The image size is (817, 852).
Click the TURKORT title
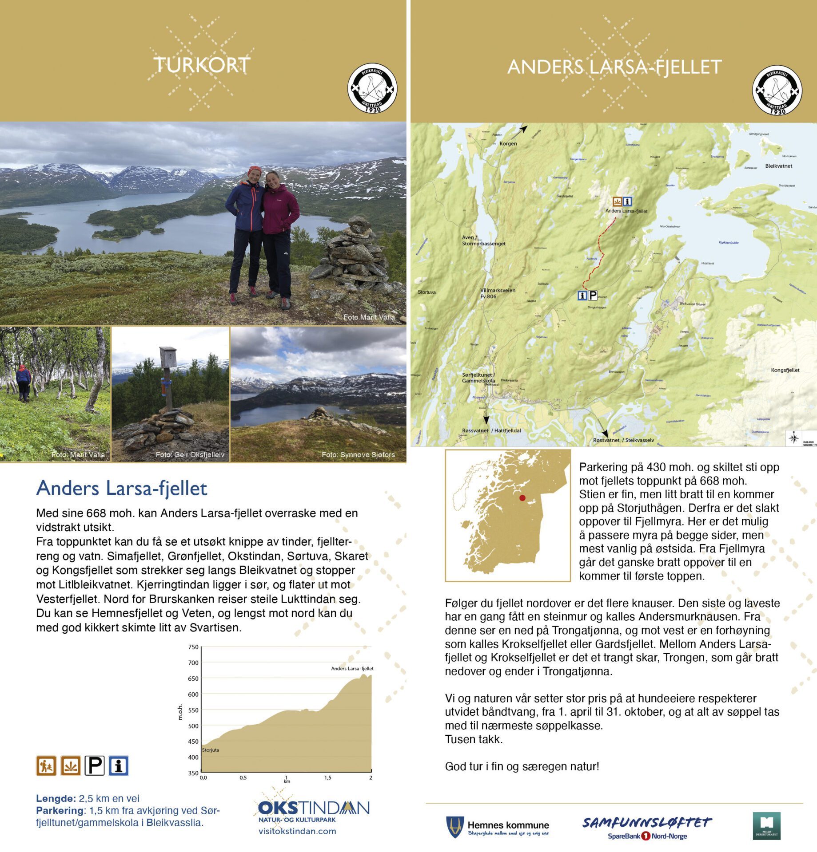coord(202,65)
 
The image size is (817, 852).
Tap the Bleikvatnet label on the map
coord(778,166)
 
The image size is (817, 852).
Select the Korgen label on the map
coord(508,144)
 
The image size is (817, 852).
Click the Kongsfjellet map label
coord(785,370)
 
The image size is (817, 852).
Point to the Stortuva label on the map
coord(426,292)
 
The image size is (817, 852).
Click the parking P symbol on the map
coord(593,295)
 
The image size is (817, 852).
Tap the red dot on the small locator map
coord(522,498)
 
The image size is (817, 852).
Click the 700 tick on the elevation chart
coord(193,663)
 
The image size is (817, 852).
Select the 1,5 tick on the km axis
coord(327,777)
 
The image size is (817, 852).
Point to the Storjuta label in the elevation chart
coord(211,750)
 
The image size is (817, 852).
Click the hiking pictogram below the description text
coord(46,765)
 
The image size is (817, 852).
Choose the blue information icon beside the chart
coord(119,765)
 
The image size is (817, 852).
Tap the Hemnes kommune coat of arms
coord(455,827)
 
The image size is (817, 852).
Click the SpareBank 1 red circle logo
coord(646,836)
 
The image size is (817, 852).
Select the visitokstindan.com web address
coord(297,831)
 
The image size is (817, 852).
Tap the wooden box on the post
coord(168,356)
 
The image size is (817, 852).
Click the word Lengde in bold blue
coord(56,798)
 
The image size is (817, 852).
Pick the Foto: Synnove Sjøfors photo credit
coord(358,454)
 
